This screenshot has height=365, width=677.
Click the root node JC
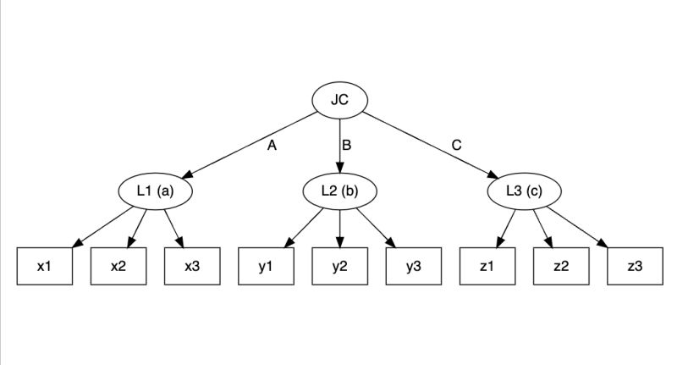click(339, 101)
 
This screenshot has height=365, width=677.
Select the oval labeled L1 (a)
click(155, 191)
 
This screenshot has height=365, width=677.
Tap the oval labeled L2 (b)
click(339, 191)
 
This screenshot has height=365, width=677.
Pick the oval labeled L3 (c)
click(524, 191)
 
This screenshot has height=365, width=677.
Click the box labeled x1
click(44, 266)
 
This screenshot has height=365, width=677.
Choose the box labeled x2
click(118, 266)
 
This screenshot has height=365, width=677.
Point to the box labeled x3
click(192, 266)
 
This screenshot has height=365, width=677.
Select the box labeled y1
click(266, 266)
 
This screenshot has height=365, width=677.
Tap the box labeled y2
click(339, 266)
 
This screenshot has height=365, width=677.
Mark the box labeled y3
click(414, 266)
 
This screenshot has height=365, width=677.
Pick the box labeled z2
click(561, 266)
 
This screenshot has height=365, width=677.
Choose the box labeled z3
click(635, 266)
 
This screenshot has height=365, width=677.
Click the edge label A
click(272, 146)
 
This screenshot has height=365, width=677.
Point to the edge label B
click(346, 146)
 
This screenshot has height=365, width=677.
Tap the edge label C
click(456, 145)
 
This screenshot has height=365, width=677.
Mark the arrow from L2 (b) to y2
click(339, 229)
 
